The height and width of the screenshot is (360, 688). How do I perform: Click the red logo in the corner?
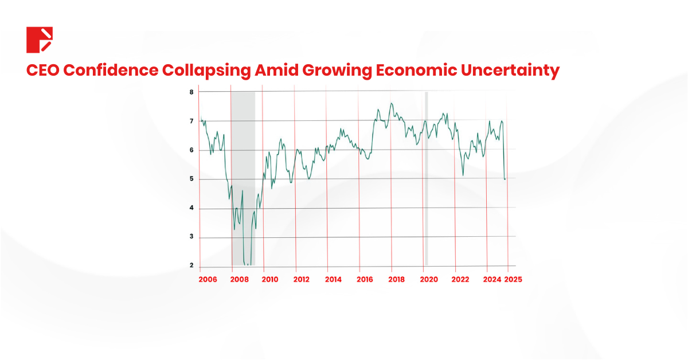click(x=40, y=40)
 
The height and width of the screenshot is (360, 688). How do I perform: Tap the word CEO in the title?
click(x=44, y=71)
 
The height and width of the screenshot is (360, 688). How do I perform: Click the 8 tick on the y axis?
click(x=191, y=92)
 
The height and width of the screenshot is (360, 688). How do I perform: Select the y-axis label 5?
click(x=191, y=179)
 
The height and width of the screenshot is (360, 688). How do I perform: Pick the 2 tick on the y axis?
click(x=191, y=266)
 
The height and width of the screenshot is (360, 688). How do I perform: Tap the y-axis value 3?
click(x=191, y=237)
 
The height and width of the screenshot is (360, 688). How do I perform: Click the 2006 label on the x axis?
click(x=207, y=279)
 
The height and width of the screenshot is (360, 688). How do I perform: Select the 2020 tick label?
click(x=428, y=279)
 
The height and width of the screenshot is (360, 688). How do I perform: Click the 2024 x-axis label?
click(x=491, y=279)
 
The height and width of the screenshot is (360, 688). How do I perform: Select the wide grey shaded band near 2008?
click(x=243, y=172)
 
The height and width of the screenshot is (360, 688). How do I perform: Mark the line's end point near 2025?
click(x=505, y=179)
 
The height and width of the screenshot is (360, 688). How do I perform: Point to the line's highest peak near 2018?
click(x=391, y=104)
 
